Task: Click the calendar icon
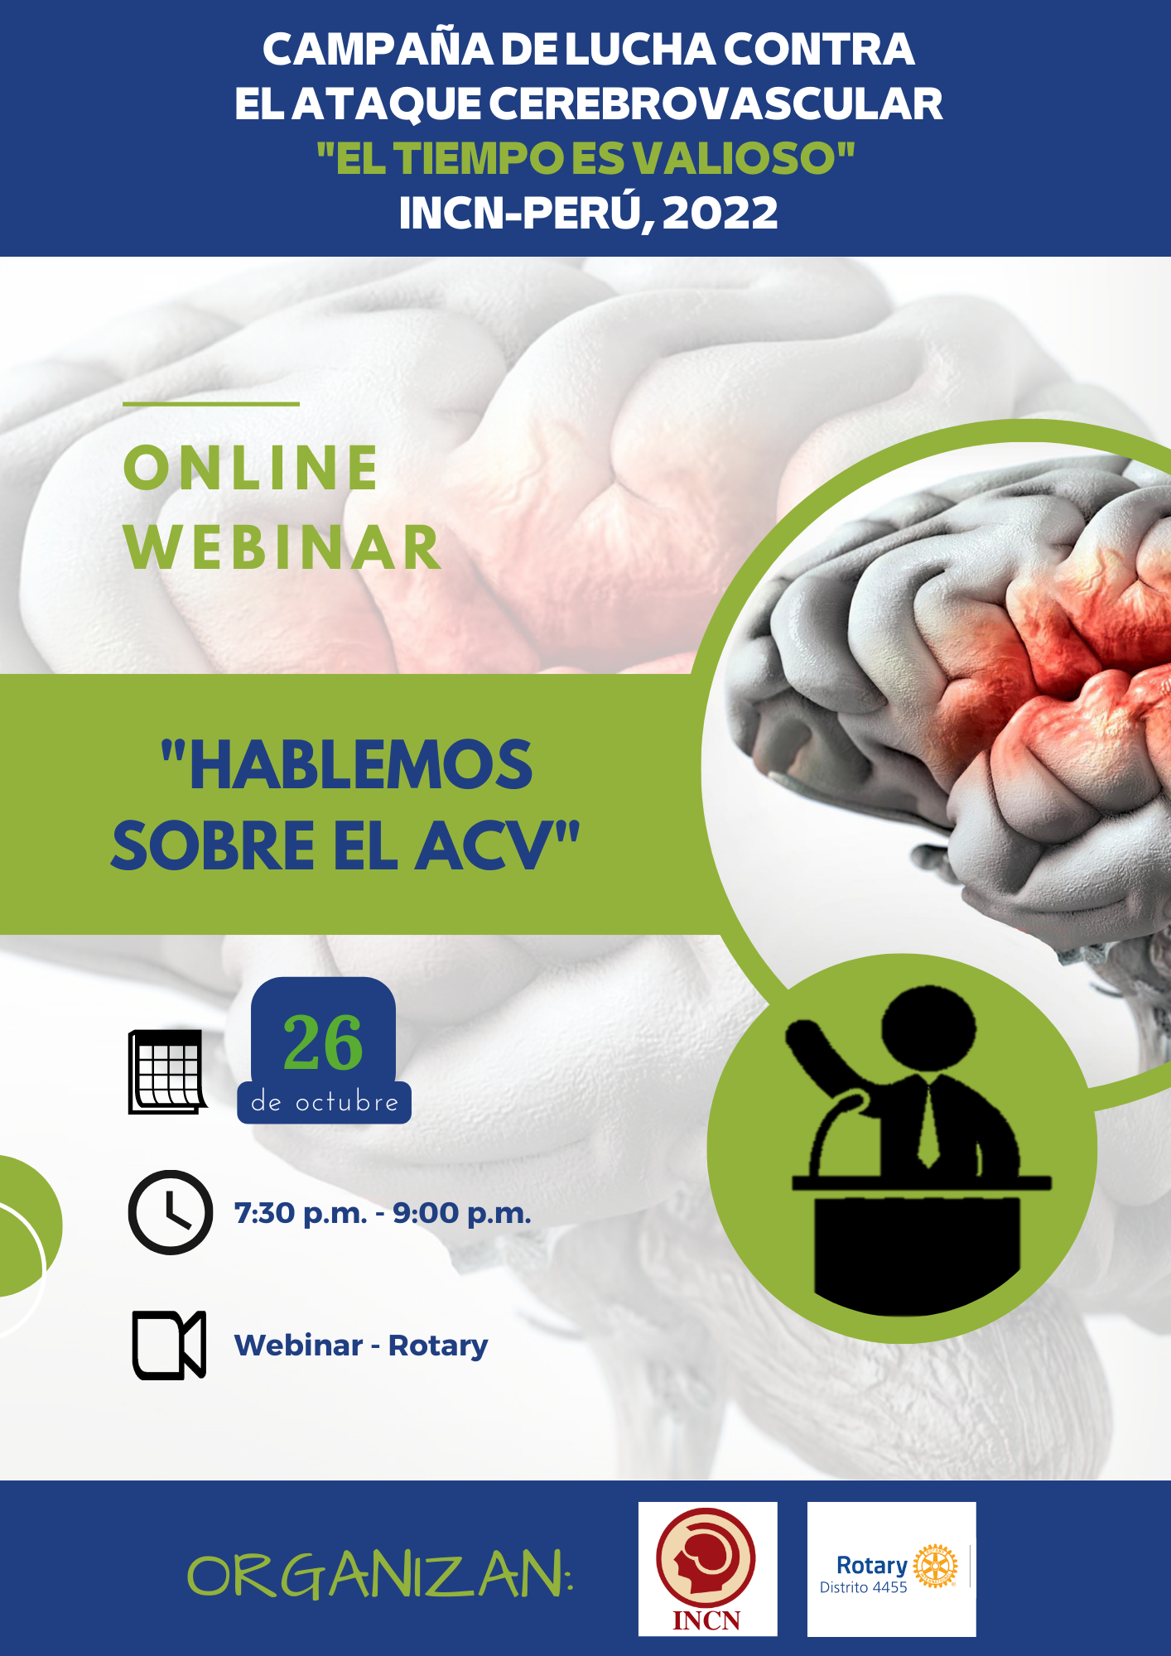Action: (x=167, y=1071)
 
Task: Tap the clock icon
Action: (x=171, y=1212)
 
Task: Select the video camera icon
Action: (x=169, y=1345)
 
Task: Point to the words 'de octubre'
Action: (x=325, y=1102)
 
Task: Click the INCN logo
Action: (x=707, y=1569)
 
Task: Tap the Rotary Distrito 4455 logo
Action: (x=892, y=1569)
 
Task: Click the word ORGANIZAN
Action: (x=380, y=1575)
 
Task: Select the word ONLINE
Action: (x=251, y=468)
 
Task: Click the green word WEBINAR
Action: (x=282, y=547)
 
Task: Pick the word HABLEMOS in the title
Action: (x=347, y=765)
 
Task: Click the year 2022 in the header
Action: (x=720, y=213)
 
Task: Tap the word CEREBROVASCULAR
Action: (x=716, y=104)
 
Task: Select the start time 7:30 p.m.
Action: (x=301, y=1214)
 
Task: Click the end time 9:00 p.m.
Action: (x=462, y=1214)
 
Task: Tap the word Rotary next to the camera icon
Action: (x=438, y=1346)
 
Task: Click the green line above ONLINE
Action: (x=211, y=404)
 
